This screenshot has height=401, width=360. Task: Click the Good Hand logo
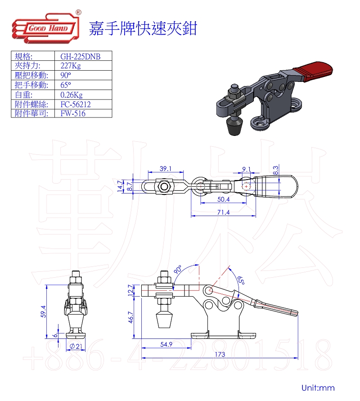(46, 27)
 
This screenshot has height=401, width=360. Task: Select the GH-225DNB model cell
(80, 57)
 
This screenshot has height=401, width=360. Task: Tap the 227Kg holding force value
(71, 66)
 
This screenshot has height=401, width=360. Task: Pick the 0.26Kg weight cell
(72, 95)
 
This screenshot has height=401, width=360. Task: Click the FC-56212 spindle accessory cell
(76, 104)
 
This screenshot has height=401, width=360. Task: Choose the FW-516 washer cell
(73, 113)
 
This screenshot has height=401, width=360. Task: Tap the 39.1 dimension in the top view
(166, 168)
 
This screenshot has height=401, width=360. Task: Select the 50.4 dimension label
(224, 199)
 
